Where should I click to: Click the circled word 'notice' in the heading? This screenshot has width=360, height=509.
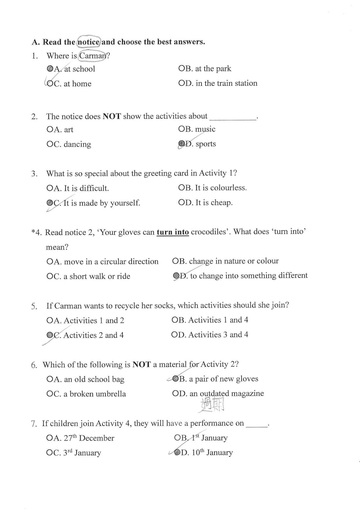tap(89, 42)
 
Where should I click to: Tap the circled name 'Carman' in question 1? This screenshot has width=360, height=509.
tap(92, 56)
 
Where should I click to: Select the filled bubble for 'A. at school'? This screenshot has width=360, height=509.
tap(50, 68)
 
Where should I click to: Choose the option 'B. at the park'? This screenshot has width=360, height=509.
tap(205, 68)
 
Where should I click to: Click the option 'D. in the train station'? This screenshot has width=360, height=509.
tap(218, 83)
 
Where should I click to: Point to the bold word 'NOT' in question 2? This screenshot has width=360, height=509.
tap(112, 116)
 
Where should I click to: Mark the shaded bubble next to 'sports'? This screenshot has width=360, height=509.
tap(181, 144)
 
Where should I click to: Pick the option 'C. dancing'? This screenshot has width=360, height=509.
tap(69, 144)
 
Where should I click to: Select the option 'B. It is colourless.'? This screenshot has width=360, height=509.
tap(212, 188)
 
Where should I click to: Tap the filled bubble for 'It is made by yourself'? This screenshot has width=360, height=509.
tap(50, 203)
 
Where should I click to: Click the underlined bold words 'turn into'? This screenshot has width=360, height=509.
tap(173, 232)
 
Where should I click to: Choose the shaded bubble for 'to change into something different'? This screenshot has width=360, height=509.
tap(176, 275)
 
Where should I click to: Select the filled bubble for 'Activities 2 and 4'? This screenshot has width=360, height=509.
tap(50, 335)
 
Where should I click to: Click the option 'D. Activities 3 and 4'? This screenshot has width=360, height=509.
tap(209, 335)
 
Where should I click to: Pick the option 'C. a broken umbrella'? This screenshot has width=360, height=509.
tap(86, 394)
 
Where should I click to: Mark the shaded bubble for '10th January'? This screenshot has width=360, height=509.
tap(177, 452)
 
